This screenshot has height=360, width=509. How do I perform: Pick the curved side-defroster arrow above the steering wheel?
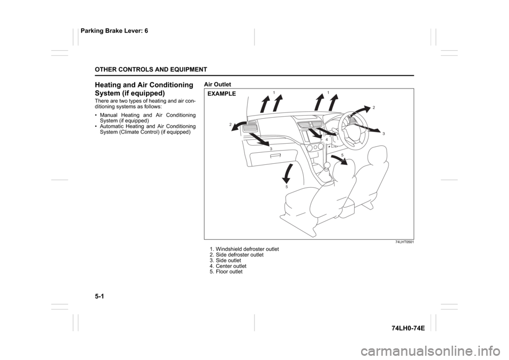point(358,113)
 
